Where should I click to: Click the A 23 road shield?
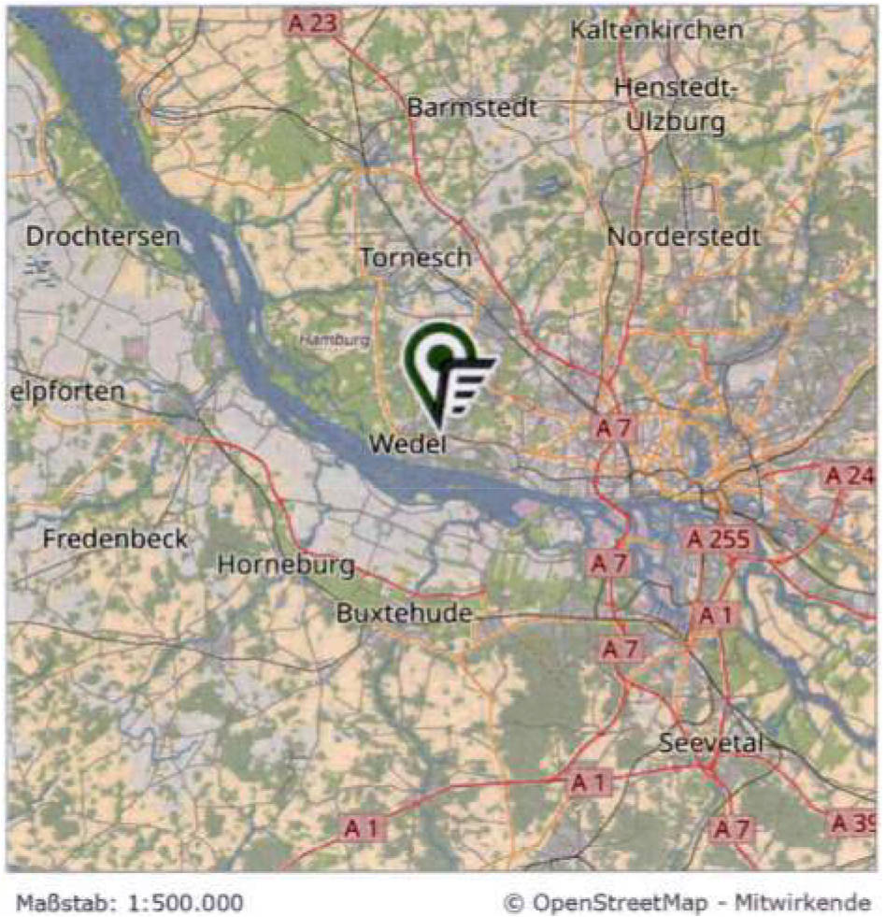(x=312, y=23)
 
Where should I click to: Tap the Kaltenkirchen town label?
(x=657, y=30)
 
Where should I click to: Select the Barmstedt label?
(x=472, y=107)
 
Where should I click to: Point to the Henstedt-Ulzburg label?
(x=677, y=105)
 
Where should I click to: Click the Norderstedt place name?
(x=684, y=237)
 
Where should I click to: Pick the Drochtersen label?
(x=103, y=236)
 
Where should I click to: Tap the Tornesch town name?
(x=415, y=257)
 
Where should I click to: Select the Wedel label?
(x=408, y=444)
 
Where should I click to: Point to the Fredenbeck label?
(x=115, y=539)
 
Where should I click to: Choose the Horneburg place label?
(x=286, y=565)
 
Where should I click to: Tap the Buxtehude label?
(x=404, y=614)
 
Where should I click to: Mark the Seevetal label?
(x=711, y=744)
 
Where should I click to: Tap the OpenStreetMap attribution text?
(x=687, y=903)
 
